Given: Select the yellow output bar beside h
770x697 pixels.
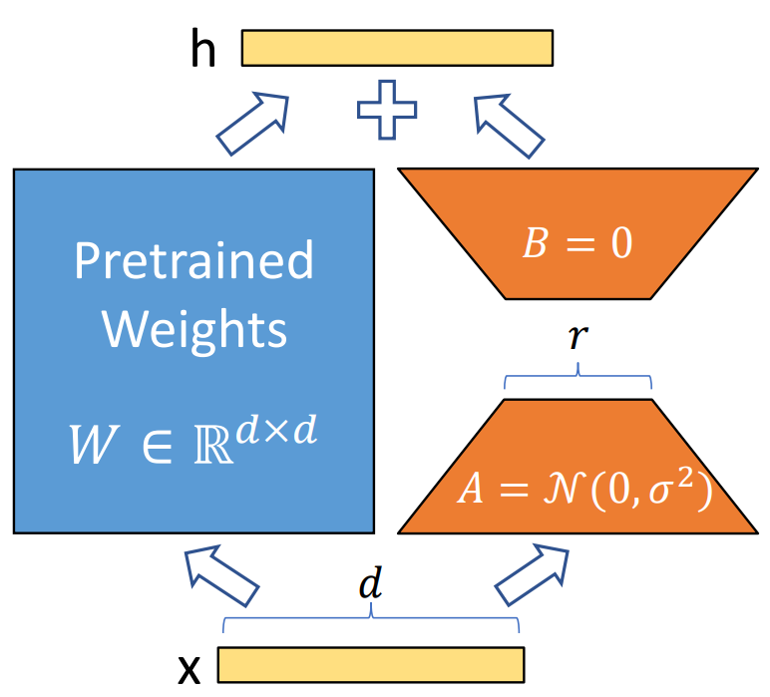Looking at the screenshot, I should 397,48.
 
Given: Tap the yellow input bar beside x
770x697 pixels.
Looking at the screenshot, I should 370,664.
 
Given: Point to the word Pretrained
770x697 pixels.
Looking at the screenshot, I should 194,261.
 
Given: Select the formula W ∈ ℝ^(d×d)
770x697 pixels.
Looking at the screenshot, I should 194,444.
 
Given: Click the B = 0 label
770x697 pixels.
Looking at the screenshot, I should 577,244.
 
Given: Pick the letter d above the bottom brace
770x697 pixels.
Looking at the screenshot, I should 370,583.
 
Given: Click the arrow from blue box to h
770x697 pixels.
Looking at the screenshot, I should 251,122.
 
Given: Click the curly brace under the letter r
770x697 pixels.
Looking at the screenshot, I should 578,380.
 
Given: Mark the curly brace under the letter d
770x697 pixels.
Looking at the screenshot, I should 370,622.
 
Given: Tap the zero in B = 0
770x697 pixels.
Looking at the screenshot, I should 620,244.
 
